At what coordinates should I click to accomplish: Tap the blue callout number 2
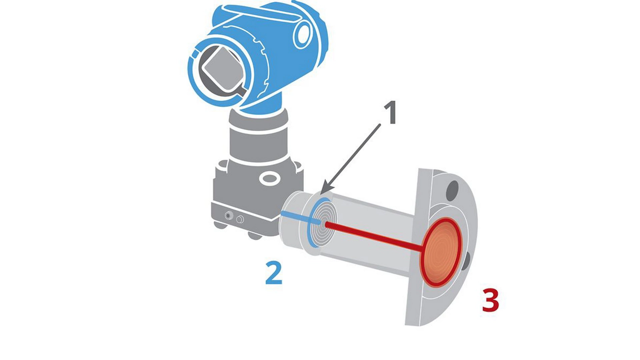pyautogui.click(x=274, y=273)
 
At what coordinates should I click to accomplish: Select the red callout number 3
pyautogui.click(x=491, y=300)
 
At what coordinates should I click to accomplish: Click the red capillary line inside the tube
pyautogui.click(x=373, y=237)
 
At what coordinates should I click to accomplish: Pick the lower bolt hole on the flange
pyautogui.click(x=467, y=262)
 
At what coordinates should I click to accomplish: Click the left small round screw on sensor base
pyautogui.click(x=228, y=216)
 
